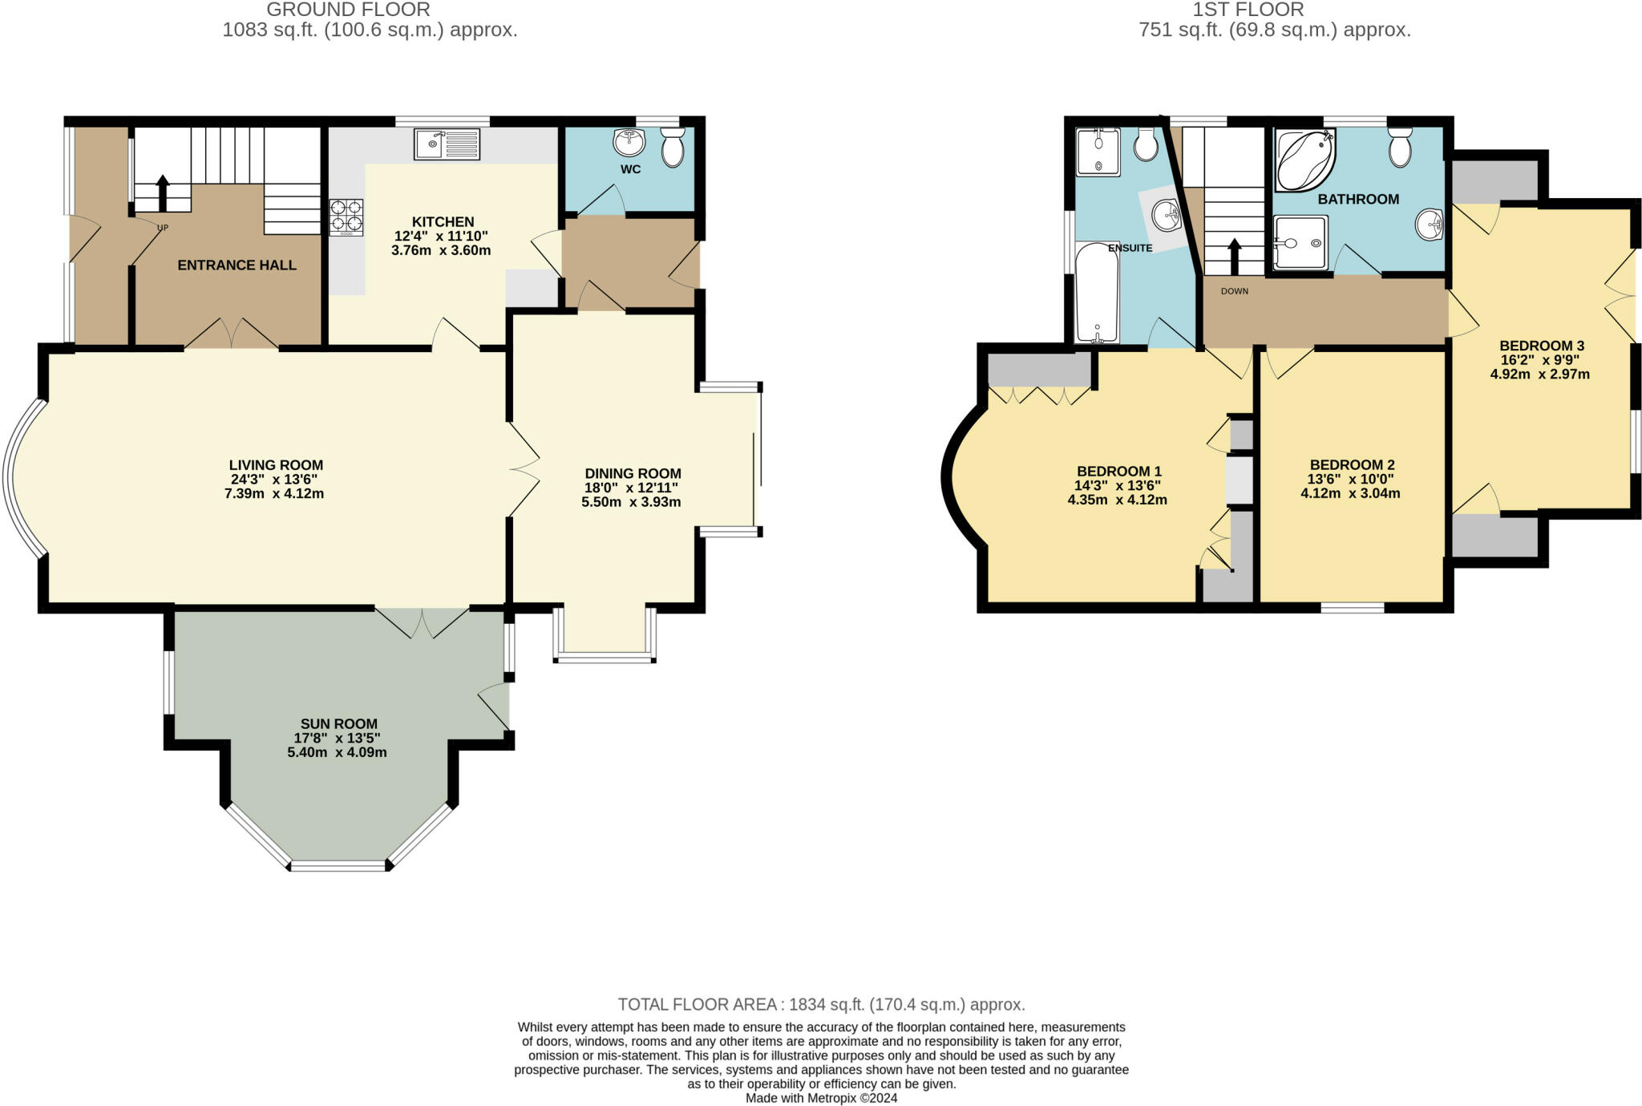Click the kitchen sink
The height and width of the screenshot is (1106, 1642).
pos(447,144)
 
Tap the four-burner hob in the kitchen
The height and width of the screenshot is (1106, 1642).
pos(346,216)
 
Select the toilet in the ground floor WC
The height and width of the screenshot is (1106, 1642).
pos(673,148)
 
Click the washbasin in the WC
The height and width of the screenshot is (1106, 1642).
pos(629,144)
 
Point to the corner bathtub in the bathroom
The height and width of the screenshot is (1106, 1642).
pos(1304,160)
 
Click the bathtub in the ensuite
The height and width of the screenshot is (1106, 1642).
pos(1097,293)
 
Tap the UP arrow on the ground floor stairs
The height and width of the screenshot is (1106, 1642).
pos(163,192)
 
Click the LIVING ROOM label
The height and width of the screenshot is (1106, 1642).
pos(276,465)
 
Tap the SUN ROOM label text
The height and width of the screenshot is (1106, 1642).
pos(338,723)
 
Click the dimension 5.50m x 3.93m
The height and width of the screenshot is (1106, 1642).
pos(631,502)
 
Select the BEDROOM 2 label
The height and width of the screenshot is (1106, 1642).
pos(1352,465)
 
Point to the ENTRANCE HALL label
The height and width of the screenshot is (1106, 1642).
pos(237,265)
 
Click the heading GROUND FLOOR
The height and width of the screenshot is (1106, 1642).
pos(348,10)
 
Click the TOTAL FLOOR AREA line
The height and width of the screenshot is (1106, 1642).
pos(821,1004)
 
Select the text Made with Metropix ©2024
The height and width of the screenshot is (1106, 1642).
pos(821,1098)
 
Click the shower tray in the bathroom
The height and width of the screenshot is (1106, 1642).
pos(1299,242)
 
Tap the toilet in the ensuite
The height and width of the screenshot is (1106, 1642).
pos(1145,145)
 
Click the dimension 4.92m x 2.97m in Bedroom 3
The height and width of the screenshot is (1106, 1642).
pos(1539,374)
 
